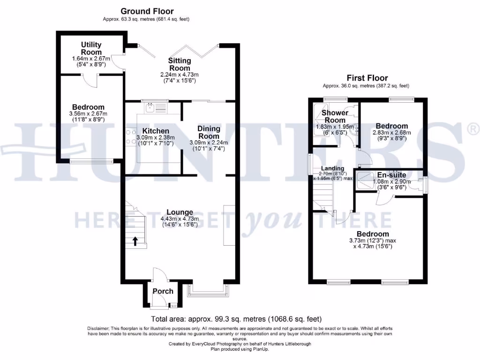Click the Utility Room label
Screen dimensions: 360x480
[91, 48]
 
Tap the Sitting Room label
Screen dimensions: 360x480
[180, 64]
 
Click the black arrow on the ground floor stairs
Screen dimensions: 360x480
[135, 241]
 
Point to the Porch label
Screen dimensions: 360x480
[163, 291]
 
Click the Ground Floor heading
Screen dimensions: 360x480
[147, 11]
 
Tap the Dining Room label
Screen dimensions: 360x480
[208, 132]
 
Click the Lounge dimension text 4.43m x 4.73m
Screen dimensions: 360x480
[180, 218]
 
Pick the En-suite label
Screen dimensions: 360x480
[391, 175]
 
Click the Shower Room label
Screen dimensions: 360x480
[335, 116]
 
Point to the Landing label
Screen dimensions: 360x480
[332, 168]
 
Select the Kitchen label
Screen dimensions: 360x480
[156, 131]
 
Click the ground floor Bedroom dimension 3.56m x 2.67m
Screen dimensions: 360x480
[88, 114]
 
